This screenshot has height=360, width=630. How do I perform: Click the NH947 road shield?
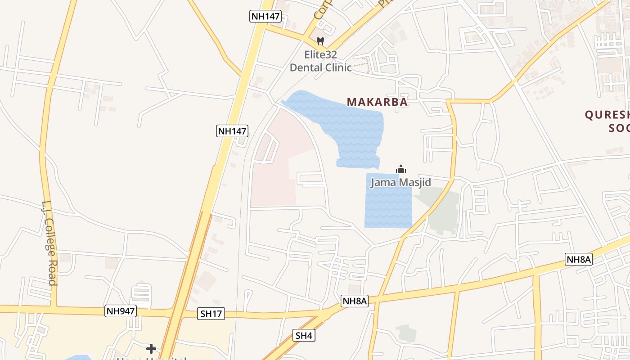[x=121, y=311]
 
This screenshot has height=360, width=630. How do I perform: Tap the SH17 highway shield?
[x=211, y=314]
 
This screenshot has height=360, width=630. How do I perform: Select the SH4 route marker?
[x=304, y=335]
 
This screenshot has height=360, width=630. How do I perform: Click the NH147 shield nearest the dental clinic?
[x=265, y=17]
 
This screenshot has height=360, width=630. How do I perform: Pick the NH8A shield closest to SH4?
[x=355, y=301]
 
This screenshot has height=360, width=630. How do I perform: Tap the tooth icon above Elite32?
[x=320, y=41]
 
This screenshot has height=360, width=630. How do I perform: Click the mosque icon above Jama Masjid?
[x=401, y=170]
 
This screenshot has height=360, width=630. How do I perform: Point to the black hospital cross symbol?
[x=151, y=348]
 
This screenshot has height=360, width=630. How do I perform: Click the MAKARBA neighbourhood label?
[x=377, y=102]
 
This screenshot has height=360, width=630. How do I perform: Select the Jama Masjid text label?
[x=400, y=182]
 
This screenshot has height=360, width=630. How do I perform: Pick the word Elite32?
[x=320, y=55]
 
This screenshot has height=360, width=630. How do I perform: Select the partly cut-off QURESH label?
[x=607, y=115]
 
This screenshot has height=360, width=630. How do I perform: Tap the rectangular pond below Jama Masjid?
[x=388, y=207]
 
